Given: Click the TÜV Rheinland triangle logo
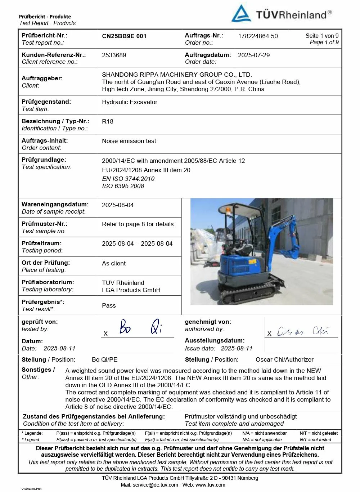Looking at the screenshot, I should click(x=241, y=14).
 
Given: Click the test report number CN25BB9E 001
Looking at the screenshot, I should click(x=124, y=36).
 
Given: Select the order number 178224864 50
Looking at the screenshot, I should click(x=258, y=36).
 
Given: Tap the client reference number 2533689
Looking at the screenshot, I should click(x=114, y=55).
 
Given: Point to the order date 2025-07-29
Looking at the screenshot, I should click(x=253, y=55).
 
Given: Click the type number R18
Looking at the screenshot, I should click(x=108, y=121).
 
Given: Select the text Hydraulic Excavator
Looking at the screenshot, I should click(x=130, y=102).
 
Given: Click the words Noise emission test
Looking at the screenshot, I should click(x=129, y=141).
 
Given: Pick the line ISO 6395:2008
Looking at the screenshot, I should click(x=123, y=186).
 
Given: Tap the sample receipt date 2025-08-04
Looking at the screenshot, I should click(x=118, y=205).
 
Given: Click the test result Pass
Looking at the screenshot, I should click(x=109, y=305).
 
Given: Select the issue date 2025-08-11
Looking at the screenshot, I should click(x=237, y=348).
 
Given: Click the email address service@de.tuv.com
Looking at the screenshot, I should click(x=155, y=485).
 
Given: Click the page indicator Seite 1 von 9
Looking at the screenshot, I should click(x=322, y=36).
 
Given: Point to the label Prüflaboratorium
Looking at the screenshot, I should click(x=48, y=282).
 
